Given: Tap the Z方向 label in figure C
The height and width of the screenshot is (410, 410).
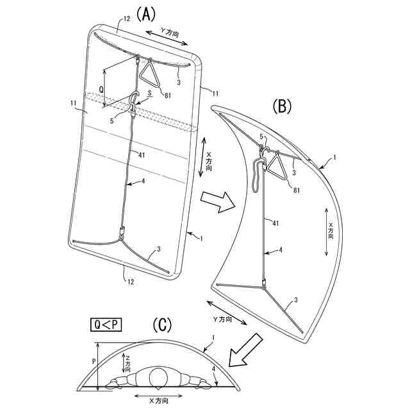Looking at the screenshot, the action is [x=127, y=365].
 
